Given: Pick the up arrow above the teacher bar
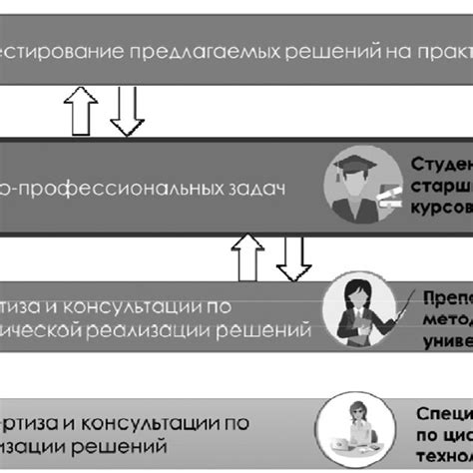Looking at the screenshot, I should click(x=242, y=256).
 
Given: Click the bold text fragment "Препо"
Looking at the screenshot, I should click(x=443, y=295).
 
